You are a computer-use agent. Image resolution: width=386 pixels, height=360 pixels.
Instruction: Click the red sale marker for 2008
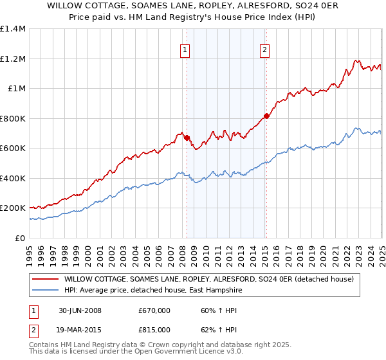[187, 138]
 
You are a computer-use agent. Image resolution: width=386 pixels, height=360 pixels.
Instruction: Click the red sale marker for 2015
[266, 116]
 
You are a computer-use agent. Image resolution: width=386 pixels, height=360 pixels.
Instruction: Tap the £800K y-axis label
[13, 118]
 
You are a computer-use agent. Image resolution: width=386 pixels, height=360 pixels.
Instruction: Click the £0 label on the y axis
[20, 238]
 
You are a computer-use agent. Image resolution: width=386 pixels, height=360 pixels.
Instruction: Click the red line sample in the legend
[44, 280]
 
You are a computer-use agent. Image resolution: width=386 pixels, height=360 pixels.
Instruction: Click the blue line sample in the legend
[44, 290]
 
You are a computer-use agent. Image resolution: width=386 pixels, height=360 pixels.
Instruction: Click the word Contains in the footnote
[45, 346]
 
